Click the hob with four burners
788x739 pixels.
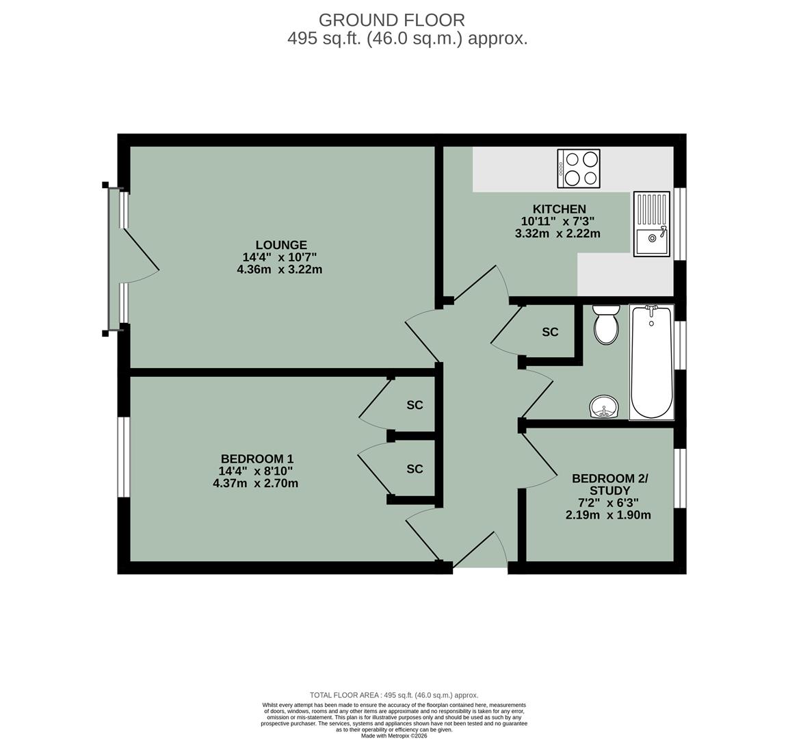[x=578, y=168]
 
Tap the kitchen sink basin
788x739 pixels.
[x=651, y=240]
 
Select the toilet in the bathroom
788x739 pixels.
[x=606, y=325]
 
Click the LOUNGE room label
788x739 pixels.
[x=280, y=245]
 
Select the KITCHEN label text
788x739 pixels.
[x=559, y=209]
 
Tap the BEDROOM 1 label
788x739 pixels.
[x=257, y=458]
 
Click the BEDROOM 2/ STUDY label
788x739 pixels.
[x=609, y=484]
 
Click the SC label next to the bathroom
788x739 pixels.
[x=550, y=332]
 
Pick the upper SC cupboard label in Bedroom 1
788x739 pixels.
[x=415, y=405]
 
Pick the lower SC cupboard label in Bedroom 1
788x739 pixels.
[x=415, y=469]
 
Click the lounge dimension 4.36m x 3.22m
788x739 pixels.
[x=279, y=270]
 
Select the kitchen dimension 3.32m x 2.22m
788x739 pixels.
[x=557, y=233]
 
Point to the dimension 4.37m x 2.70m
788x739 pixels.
[x=256, y=483]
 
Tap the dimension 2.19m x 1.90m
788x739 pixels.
[x=608, y=515]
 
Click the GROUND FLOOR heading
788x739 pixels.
[x=391, y=21]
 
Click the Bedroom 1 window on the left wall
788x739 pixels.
[x=123, y=456]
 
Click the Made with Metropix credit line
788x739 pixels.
[x=394, y=736]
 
